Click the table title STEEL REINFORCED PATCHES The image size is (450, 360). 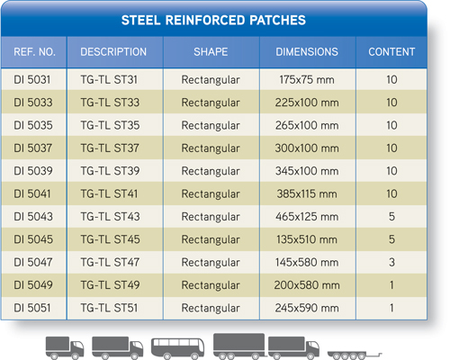(x=213, y=21)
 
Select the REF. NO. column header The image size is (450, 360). (x=34, y=52)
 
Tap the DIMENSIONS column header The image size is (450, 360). (x=307, y=52)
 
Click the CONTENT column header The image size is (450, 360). (x=391, y=52)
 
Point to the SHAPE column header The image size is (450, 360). (x=211, y=52)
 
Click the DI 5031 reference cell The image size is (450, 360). (x=32, y=80)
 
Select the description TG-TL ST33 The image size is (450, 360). (x=110, y=103)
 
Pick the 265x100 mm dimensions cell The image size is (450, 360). (x=307, y=125)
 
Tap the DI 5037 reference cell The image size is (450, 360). (x=33, y=148)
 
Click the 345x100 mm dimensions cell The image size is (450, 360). (x=307, y=171)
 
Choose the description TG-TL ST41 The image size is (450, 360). (x=109, y=193)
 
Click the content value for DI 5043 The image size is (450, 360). (x=391, y=217)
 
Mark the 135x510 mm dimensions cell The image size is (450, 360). (x=307, y=239)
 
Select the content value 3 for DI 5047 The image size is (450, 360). (x=391, y=262)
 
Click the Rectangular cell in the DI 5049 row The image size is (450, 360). (x=211, y=285)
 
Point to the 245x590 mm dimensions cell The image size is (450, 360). (x=307, y=308)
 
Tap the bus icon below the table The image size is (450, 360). (x=178, y=348)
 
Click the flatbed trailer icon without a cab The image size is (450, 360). (x=355, y=355)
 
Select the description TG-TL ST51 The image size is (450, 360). (x=109, y=308)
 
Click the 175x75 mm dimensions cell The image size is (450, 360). (x=307, y=80)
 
